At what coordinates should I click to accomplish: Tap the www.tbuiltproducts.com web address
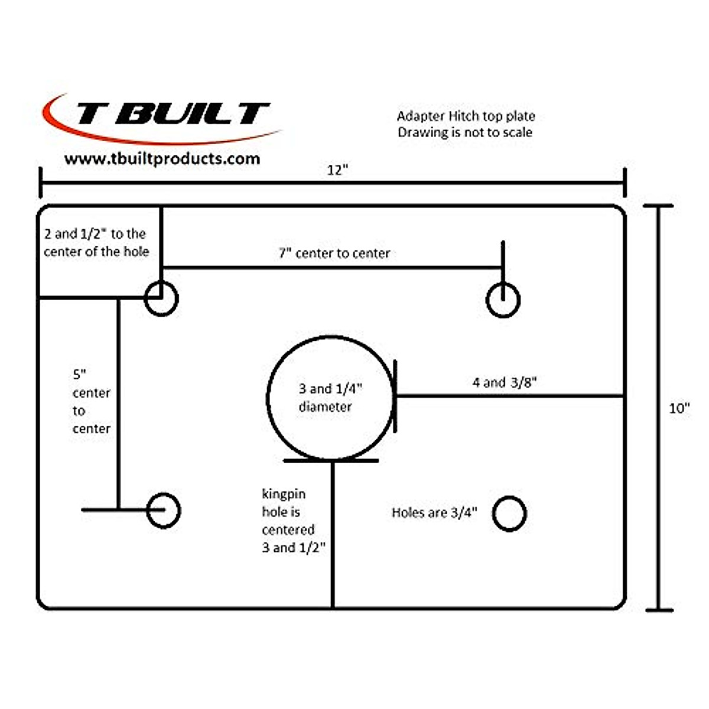[x=162, y=159]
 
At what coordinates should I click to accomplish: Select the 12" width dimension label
[x=337, y=170]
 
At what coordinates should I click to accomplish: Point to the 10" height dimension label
[x=679, y=408]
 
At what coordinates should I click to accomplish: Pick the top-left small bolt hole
[x=161, y=299]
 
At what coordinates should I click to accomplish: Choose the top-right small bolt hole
[x=503, y=300]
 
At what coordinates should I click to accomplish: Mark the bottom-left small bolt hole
[x=163, y=510]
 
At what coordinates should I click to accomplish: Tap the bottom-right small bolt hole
[x=509, y=513]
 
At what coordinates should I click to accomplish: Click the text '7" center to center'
[x=334, y=253]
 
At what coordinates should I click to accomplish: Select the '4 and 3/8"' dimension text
[x=504, y=383]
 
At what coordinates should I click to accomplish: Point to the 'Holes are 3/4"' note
[x=434, y=513]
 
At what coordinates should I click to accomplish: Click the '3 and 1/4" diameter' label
[x=330, y=398]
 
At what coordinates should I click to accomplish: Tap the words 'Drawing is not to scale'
[x=465, y=132]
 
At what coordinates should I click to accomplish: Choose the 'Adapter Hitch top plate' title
[x=466, y=116]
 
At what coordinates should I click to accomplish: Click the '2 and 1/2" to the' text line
[x=95, y=234]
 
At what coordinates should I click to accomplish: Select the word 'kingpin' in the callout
[x=284, y=494]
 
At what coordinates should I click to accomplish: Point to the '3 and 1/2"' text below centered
[x=294, y=548]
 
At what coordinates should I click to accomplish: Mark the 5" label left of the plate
[x=80, y=375]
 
